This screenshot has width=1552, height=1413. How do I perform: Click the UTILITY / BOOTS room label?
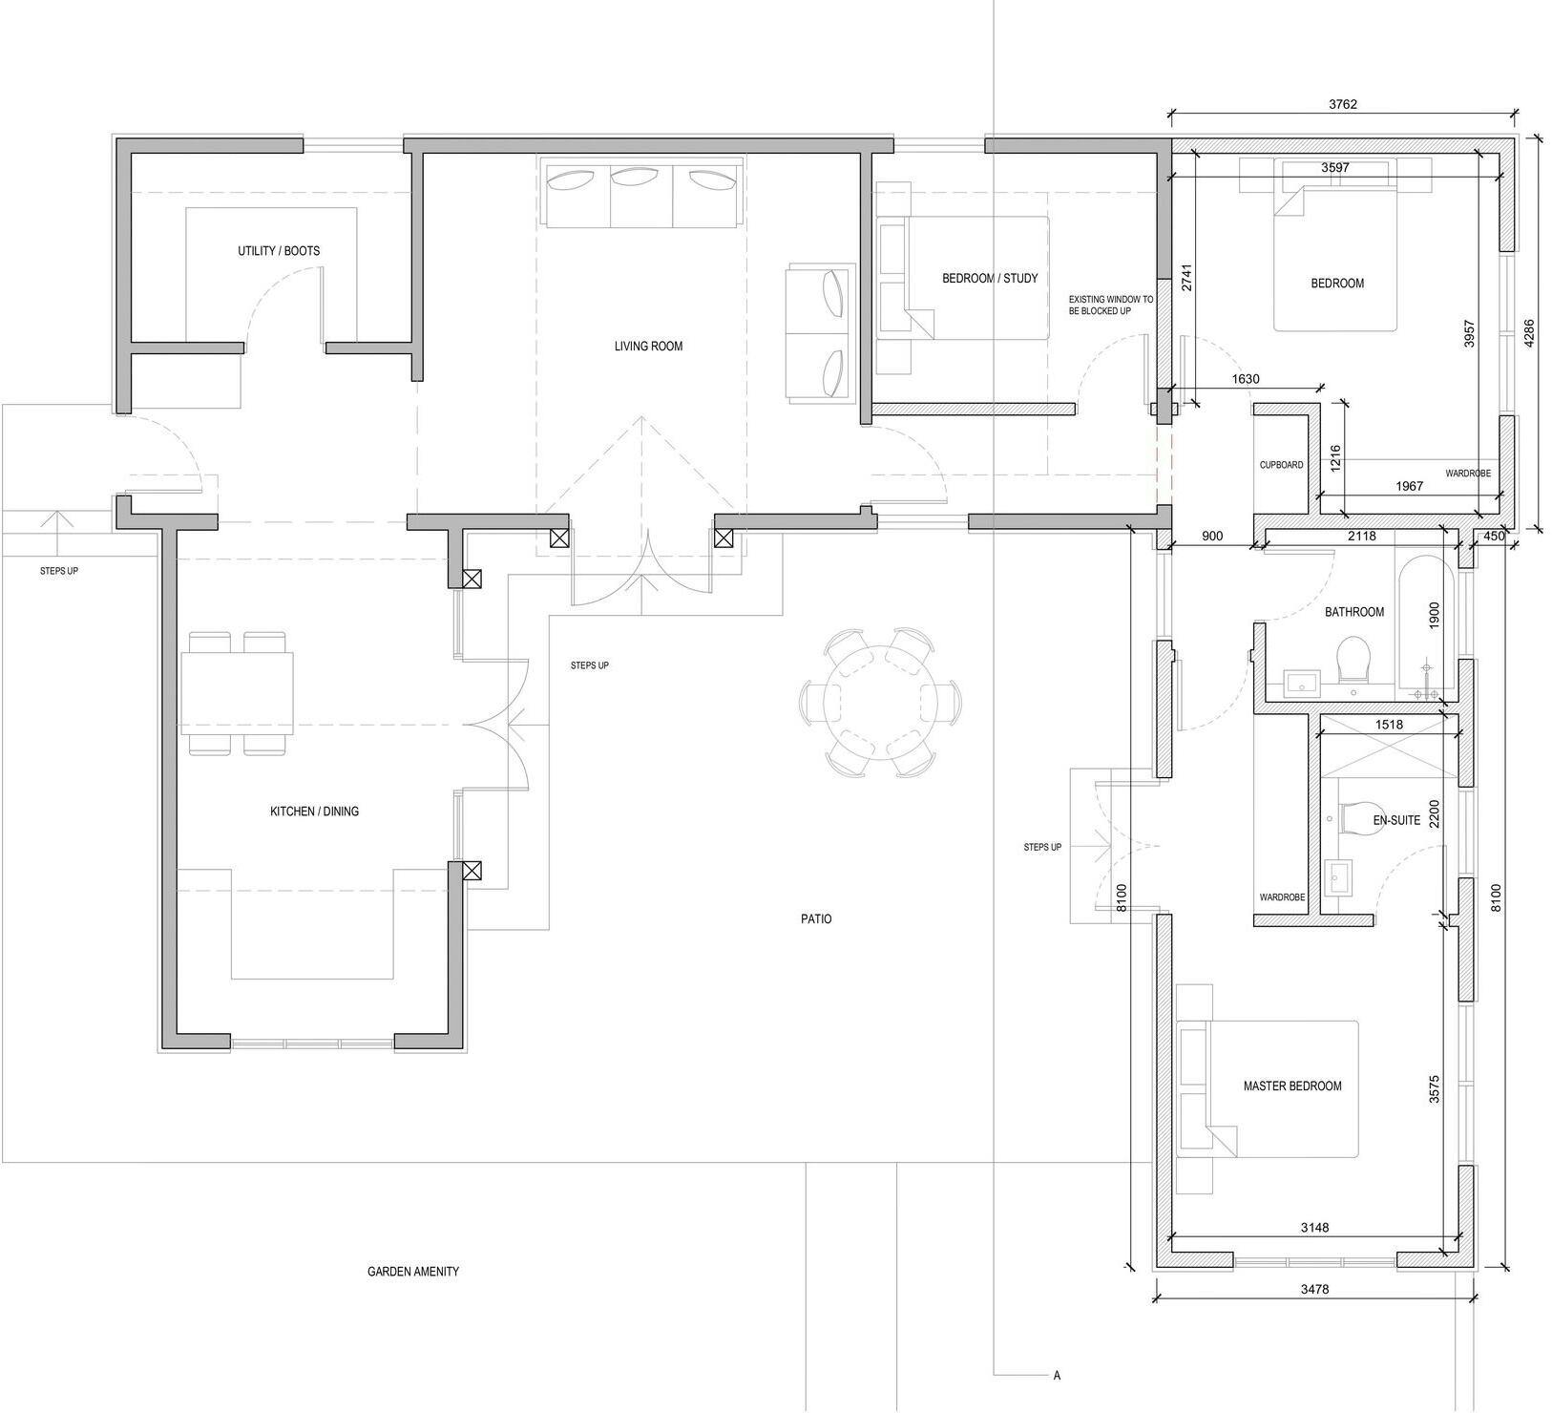pos(279,251)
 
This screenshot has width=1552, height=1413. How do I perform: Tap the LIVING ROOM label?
pos(648,346)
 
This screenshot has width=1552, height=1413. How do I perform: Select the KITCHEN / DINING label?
pos(314,812)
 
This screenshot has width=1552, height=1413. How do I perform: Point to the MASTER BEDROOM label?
pos(1291,1086)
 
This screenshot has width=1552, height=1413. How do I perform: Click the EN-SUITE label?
pos(1396,820)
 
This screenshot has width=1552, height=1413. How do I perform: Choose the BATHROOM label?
pos(1353,612)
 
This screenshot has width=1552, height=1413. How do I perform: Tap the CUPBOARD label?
pos(1281,465)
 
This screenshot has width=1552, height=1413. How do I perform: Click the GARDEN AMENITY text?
pos(413,1272)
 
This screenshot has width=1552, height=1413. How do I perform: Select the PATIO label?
pos(816,919)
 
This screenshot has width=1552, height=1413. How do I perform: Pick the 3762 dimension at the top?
pos(1342,105)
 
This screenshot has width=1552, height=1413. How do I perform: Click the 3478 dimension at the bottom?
pos(1314,1289)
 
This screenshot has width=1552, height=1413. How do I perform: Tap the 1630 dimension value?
pos(1246,379)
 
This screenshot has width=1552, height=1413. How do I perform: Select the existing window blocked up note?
pos(1111,306)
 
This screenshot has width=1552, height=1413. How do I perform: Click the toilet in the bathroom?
pos(1353,659)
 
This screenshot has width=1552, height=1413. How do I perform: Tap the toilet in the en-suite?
pos(1360,819)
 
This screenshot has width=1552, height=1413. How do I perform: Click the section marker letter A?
pos(1057,1376)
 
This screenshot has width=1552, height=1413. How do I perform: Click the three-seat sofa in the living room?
pos(643,193)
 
